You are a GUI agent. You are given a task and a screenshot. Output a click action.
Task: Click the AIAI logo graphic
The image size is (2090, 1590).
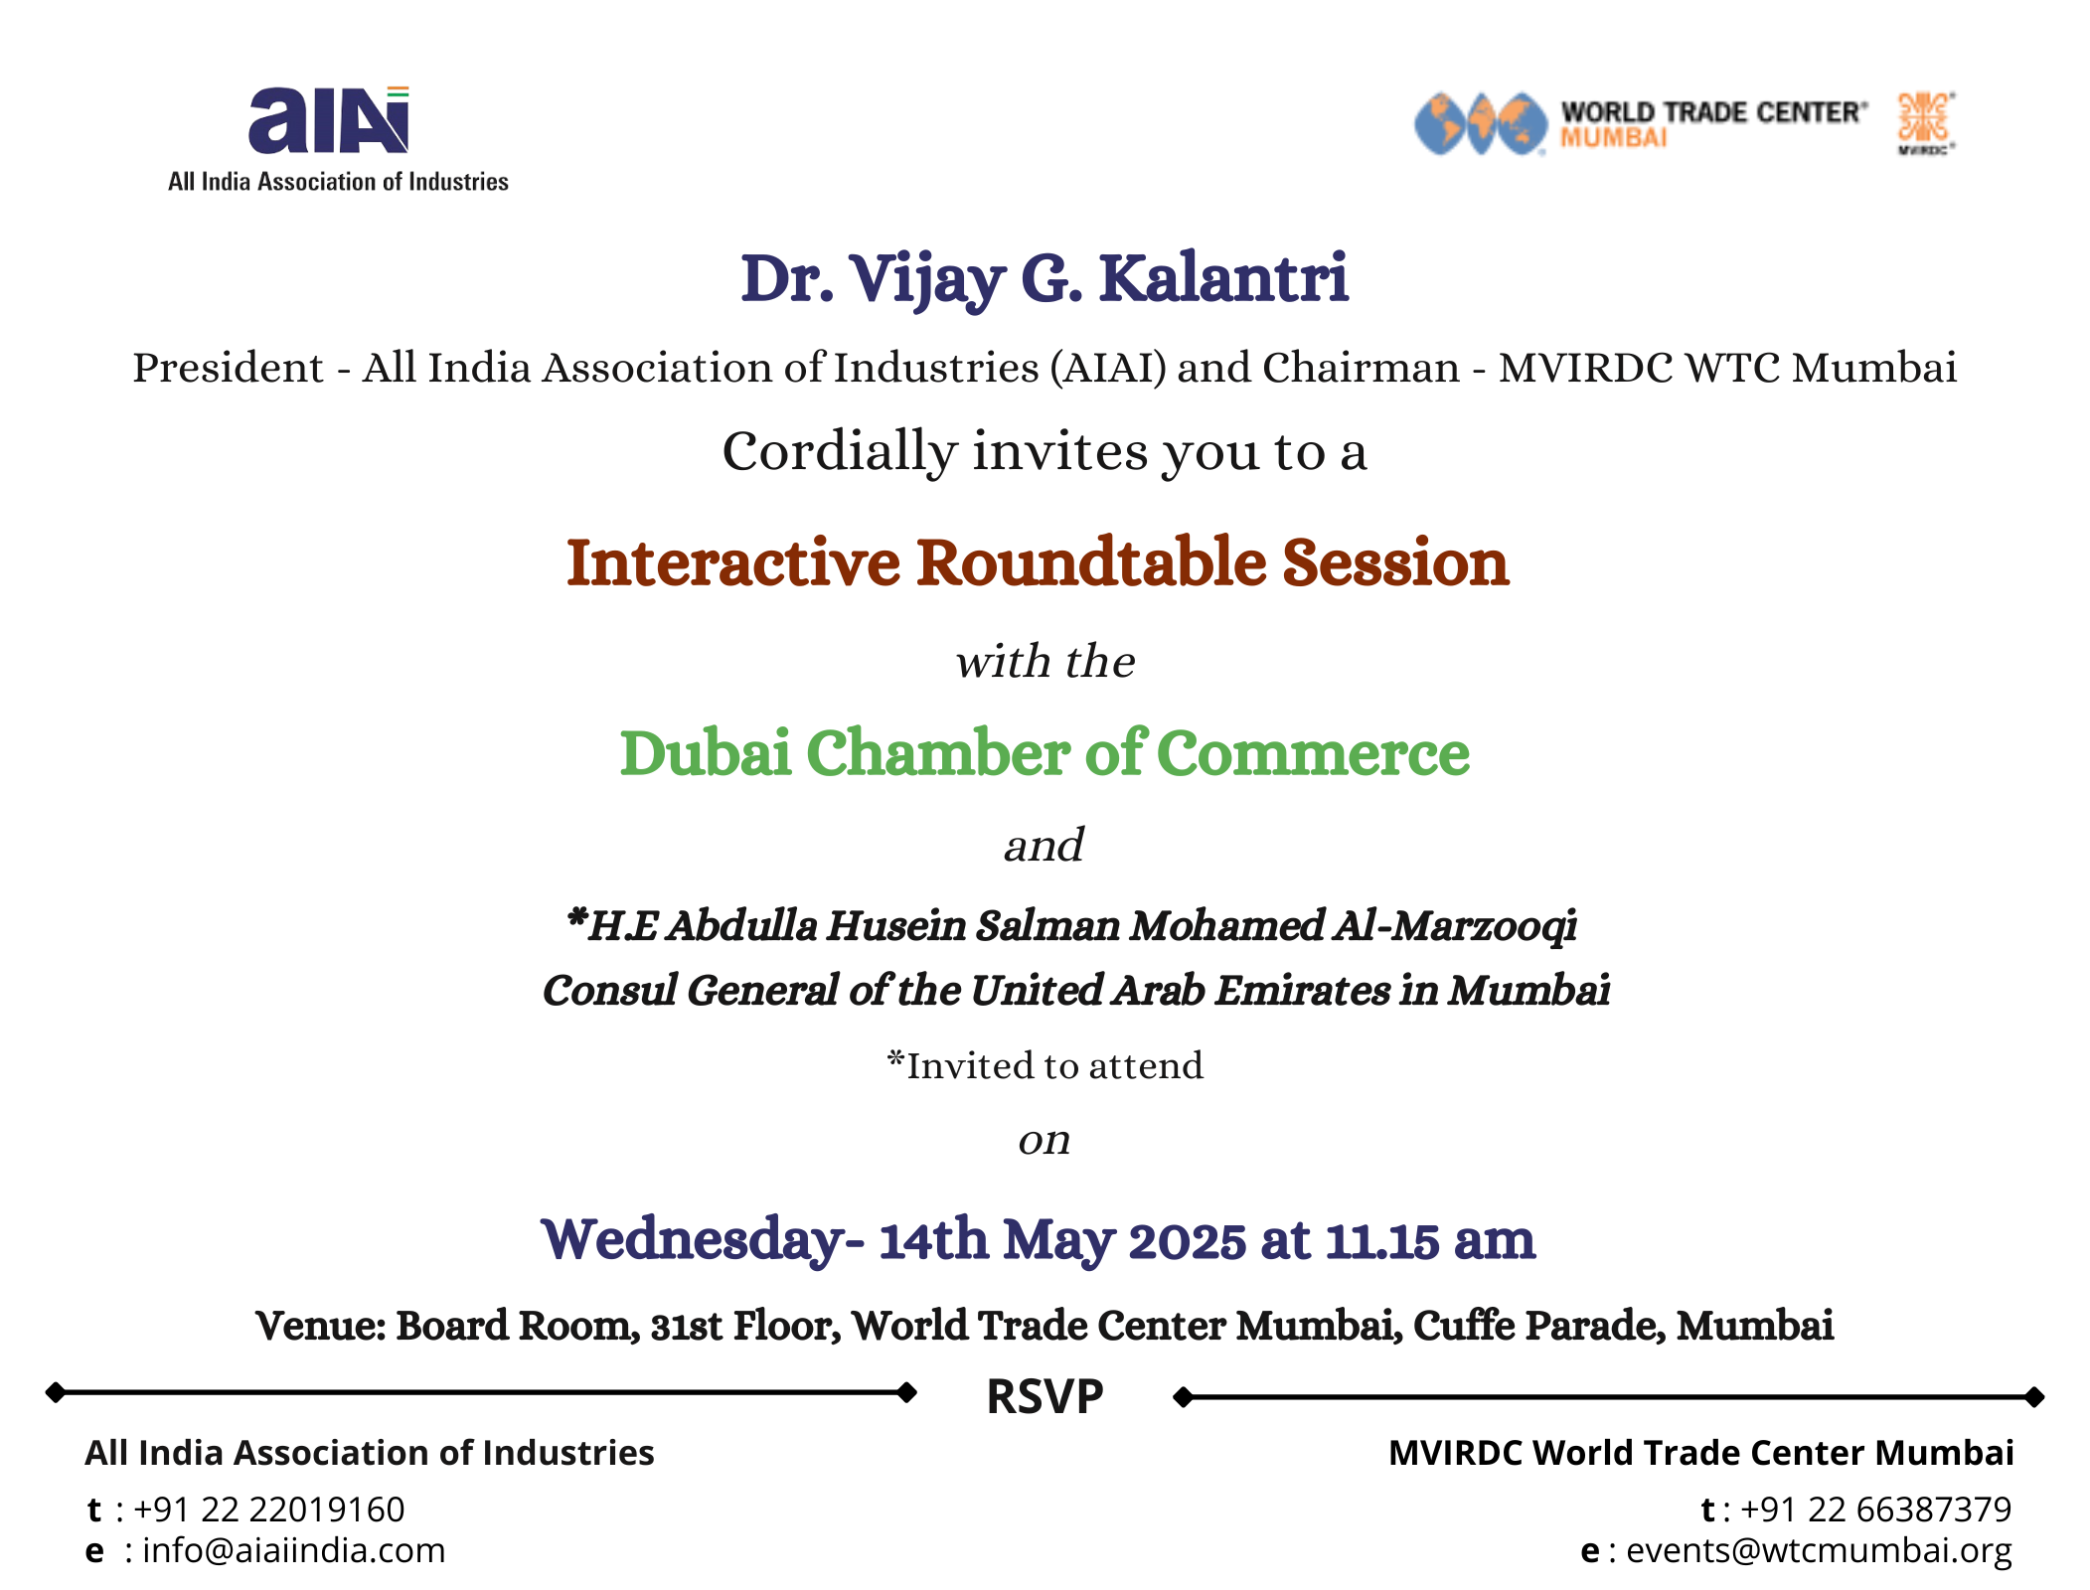[329, 120]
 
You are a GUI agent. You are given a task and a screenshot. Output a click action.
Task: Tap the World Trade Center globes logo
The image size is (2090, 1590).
[1481, 124]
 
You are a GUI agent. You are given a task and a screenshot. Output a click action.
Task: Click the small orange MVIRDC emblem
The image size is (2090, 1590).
[1926, 123]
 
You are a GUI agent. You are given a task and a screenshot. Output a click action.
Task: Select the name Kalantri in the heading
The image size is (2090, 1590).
[1223, 278]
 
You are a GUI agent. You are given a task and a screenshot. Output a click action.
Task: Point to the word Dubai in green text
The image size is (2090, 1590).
[706, 752]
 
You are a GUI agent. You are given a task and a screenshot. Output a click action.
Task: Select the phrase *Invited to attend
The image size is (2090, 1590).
[1045, 1065]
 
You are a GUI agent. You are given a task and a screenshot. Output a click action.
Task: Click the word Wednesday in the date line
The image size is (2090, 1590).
[694, 1241]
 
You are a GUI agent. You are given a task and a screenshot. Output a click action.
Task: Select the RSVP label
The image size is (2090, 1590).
[1045, 1396]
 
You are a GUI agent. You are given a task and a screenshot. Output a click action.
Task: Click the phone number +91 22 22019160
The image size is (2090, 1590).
[268, 1510]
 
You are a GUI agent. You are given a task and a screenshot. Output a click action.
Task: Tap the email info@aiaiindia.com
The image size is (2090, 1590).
[294, 1550]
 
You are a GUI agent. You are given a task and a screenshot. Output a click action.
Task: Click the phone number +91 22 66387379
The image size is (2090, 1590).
[1875, 1510]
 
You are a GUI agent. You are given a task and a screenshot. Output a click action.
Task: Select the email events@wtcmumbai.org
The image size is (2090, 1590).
[1819, 1551]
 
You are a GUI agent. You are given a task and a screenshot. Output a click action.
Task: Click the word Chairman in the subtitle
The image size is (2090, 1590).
[1361, 368]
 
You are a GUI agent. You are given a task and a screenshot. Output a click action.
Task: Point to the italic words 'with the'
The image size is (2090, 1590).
[1045, 662]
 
